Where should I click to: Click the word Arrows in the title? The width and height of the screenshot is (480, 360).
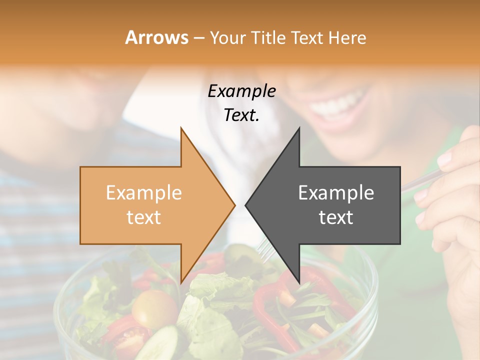click(156, 37)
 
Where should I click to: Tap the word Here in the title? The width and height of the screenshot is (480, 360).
click(348, 38)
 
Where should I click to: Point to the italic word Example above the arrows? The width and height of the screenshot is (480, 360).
click(242, 91)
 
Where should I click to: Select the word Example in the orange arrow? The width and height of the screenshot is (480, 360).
click(144, 193)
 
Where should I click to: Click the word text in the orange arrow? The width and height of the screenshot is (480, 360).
click(144, 217)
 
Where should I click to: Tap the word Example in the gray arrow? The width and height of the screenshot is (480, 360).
click(336, 193)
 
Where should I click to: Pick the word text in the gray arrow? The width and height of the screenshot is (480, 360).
click(336, 217)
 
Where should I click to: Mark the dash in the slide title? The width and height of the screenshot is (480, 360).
click(198, 38)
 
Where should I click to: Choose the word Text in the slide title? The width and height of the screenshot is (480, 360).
click(308, 38)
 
